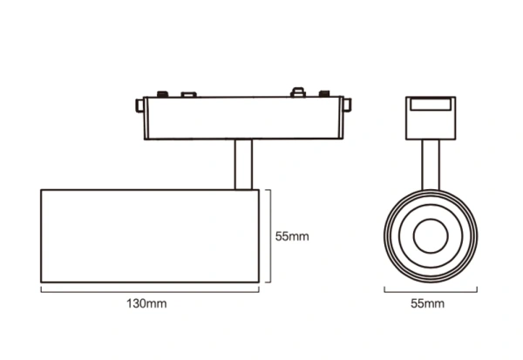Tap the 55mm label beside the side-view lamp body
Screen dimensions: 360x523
coord(292,235)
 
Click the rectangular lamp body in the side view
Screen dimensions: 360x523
coord(148,235)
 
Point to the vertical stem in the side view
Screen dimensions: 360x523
coord(243,166)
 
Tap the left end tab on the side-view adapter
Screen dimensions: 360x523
coord(140,107)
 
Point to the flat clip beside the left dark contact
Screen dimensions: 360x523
coord(186,92)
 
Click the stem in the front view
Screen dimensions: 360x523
coord(428,166)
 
